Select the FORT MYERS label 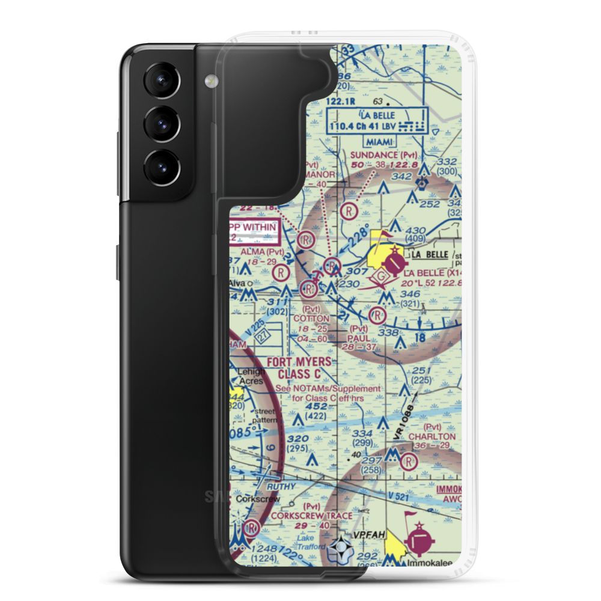coord(299,362)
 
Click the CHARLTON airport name coord(432,436)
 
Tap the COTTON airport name coord(311,318)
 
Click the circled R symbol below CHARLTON coord(409,462)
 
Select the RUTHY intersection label coord(281,486)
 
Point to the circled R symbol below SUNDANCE coord(348,212)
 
